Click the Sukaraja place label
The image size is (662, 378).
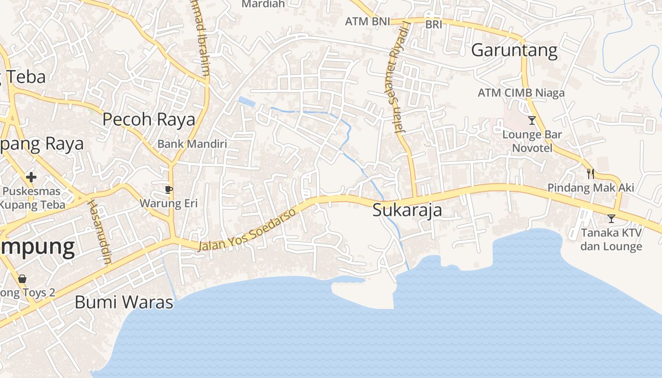(407, 210)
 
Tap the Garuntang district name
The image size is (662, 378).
(514, 50)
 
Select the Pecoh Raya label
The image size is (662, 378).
(148, 120)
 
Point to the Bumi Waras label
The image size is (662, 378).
(124, 302)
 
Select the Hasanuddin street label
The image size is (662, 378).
(99, 231)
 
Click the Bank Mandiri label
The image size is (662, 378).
(192, 144)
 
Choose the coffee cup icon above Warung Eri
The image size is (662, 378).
(168, 190)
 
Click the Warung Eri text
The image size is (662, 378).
(168, 204)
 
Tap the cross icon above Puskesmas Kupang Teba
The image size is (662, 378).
(31, 178)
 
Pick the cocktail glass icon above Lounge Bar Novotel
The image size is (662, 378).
(532, 120)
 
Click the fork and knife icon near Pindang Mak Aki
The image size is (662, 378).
(590, 173)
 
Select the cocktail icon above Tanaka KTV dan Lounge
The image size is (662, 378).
(611, 219)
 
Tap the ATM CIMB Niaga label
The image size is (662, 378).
(521, 93)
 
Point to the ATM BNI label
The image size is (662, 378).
(367, 21)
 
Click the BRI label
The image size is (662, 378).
(434, 24)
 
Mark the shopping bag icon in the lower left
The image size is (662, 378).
(22, 278)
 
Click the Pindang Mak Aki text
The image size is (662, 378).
(591, 188)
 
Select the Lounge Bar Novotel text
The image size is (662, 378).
(532, 141)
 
